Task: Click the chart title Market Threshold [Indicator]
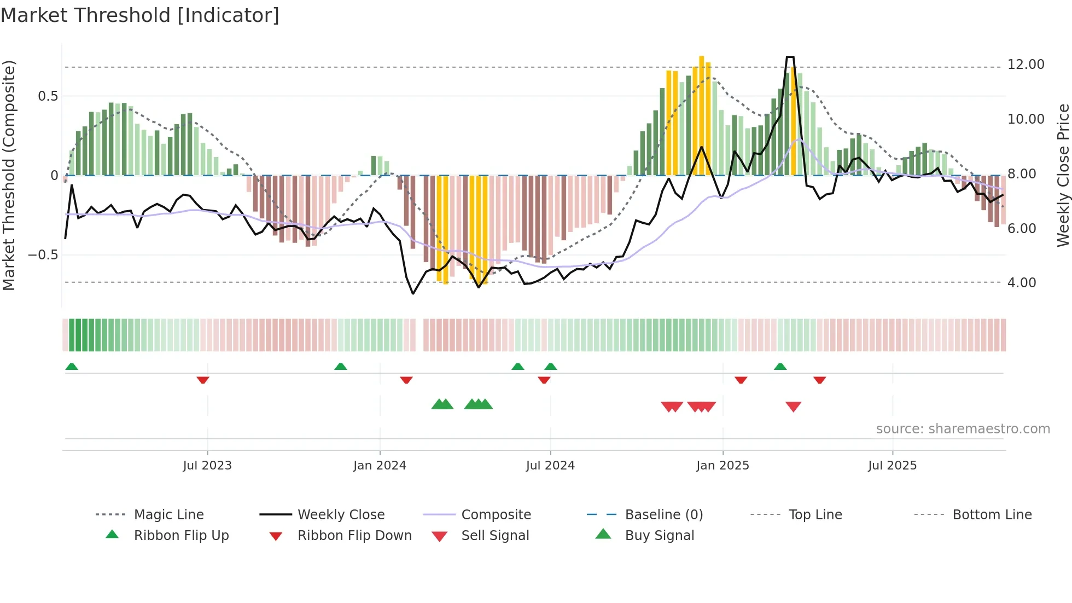click(x=140, y=15)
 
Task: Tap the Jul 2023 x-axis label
click(x=207, y=466)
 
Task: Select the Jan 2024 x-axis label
click(x=380, y=466)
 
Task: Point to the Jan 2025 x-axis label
click(x=723, y=466)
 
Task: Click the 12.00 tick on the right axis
click(x=1026, y=65)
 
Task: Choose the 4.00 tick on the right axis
click(x=1021, y=283)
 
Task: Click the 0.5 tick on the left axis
click(x=48, y=96)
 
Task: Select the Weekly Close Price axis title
click(x=1063, y=175)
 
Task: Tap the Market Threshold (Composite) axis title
click(x=9, y=175)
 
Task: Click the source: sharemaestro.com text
click(x=963, y=429)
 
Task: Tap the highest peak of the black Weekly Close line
click(x=789, y=57)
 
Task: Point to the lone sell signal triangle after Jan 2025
click(x=793, y=407)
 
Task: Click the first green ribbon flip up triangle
click(x=72, y=367)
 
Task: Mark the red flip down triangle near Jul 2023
click(x=203, y=380)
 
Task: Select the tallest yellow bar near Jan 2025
click(x=701, y=115)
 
